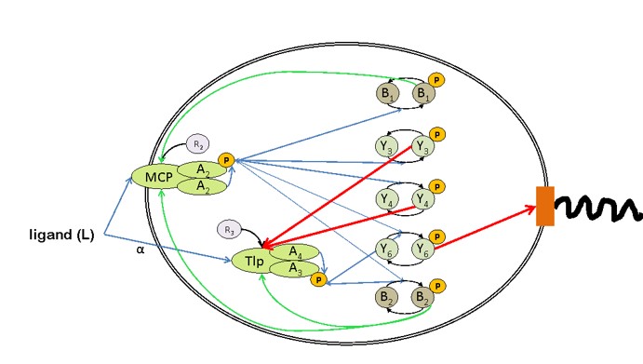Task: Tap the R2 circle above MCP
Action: (198, 144)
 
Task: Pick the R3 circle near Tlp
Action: (229, 230)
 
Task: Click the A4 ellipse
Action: (294, 252)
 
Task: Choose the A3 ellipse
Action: (294, 268)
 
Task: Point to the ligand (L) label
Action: (62, 235)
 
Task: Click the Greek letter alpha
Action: (141, 249)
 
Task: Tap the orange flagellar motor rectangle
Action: (545, 206)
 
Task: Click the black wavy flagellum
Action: (596, 208)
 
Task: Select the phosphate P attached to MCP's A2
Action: (226, 160)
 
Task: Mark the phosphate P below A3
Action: (318, 280)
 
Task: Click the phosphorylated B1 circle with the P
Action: (423, 93)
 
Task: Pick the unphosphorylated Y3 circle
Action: (387, 146)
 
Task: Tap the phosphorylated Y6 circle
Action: (422, 249)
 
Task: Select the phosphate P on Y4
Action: (437, 187)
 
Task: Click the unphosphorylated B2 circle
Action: (387, 297)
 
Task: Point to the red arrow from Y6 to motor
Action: (485, 228)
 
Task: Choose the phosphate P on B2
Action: (437, 286)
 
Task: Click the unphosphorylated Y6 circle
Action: (387, 249)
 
